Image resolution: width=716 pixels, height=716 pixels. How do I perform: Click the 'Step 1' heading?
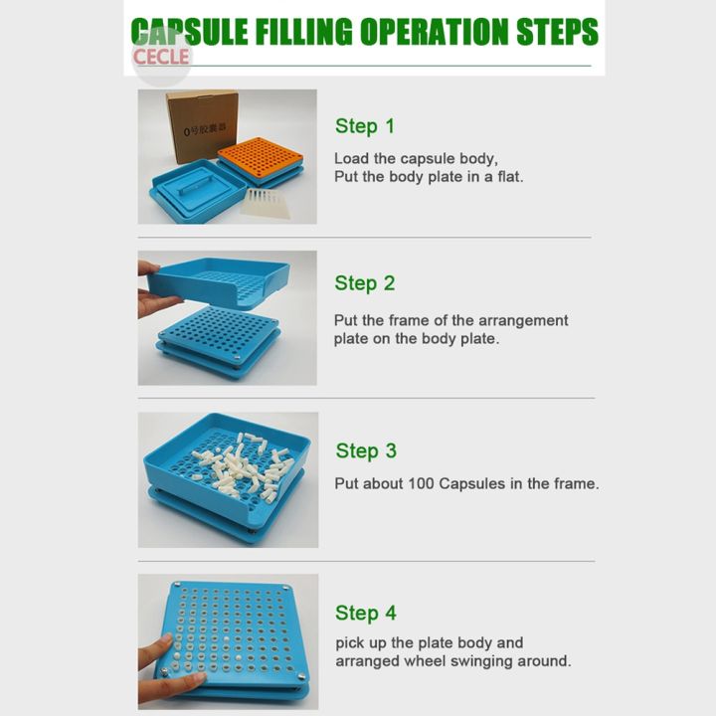364,126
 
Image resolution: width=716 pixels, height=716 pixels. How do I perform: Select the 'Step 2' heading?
364,283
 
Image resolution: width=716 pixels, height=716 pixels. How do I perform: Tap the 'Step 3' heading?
365,450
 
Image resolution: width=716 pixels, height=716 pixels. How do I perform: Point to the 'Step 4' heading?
365,613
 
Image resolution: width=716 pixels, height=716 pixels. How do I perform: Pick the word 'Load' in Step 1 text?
350,158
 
